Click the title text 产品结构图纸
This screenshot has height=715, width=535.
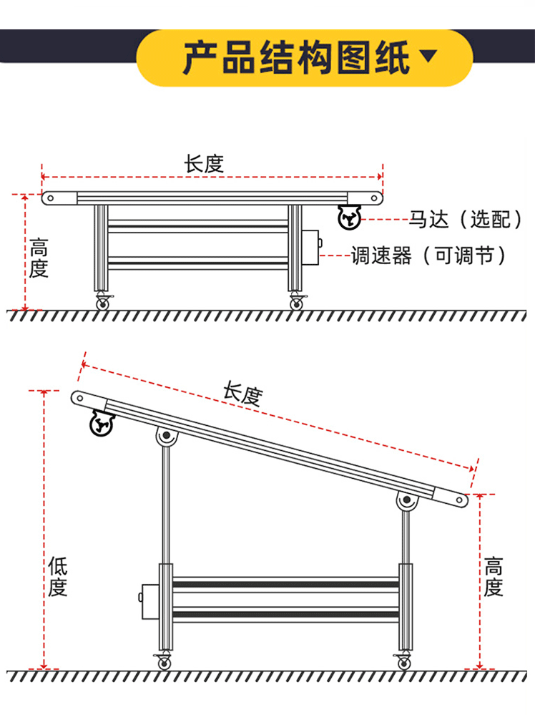[296, 57]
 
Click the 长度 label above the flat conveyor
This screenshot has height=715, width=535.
[205, 164]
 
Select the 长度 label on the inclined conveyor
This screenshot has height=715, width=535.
[242, 394]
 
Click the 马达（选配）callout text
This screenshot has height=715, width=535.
[465, 219]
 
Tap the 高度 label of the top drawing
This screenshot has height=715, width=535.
[39, 259]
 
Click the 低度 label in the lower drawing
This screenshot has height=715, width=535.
[58, 578]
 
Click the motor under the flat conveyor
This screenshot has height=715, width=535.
[349, 218]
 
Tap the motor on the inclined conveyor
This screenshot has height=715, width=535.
[101, 425]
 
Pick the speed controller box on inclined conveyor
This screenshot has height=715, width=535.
[149, 600]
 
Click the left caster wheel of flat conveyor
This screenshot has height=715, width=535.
[103, 303]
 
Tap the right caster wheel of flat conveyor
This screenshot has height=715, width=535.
[296, 303]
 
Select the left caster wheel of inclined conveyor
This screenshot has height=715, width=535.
[165, 663]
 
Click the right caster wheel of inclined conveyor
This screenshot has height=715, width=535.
[404, 663]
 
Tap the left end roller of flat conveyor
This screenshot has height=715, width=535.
[50, 198]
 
